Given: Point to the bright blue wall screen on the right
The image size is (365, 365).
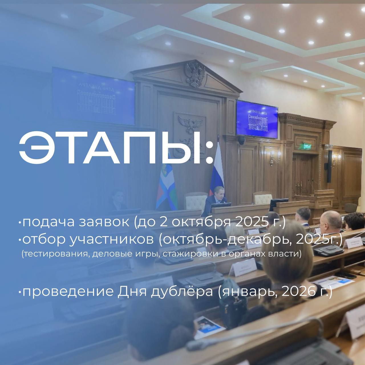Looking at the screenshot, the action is pos(257,119).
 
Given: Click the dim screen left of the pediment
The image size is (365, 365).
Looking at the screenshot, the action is pos(94,96).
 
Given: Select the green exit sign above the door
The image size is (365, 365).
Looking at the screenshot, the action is pos(307,146).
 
